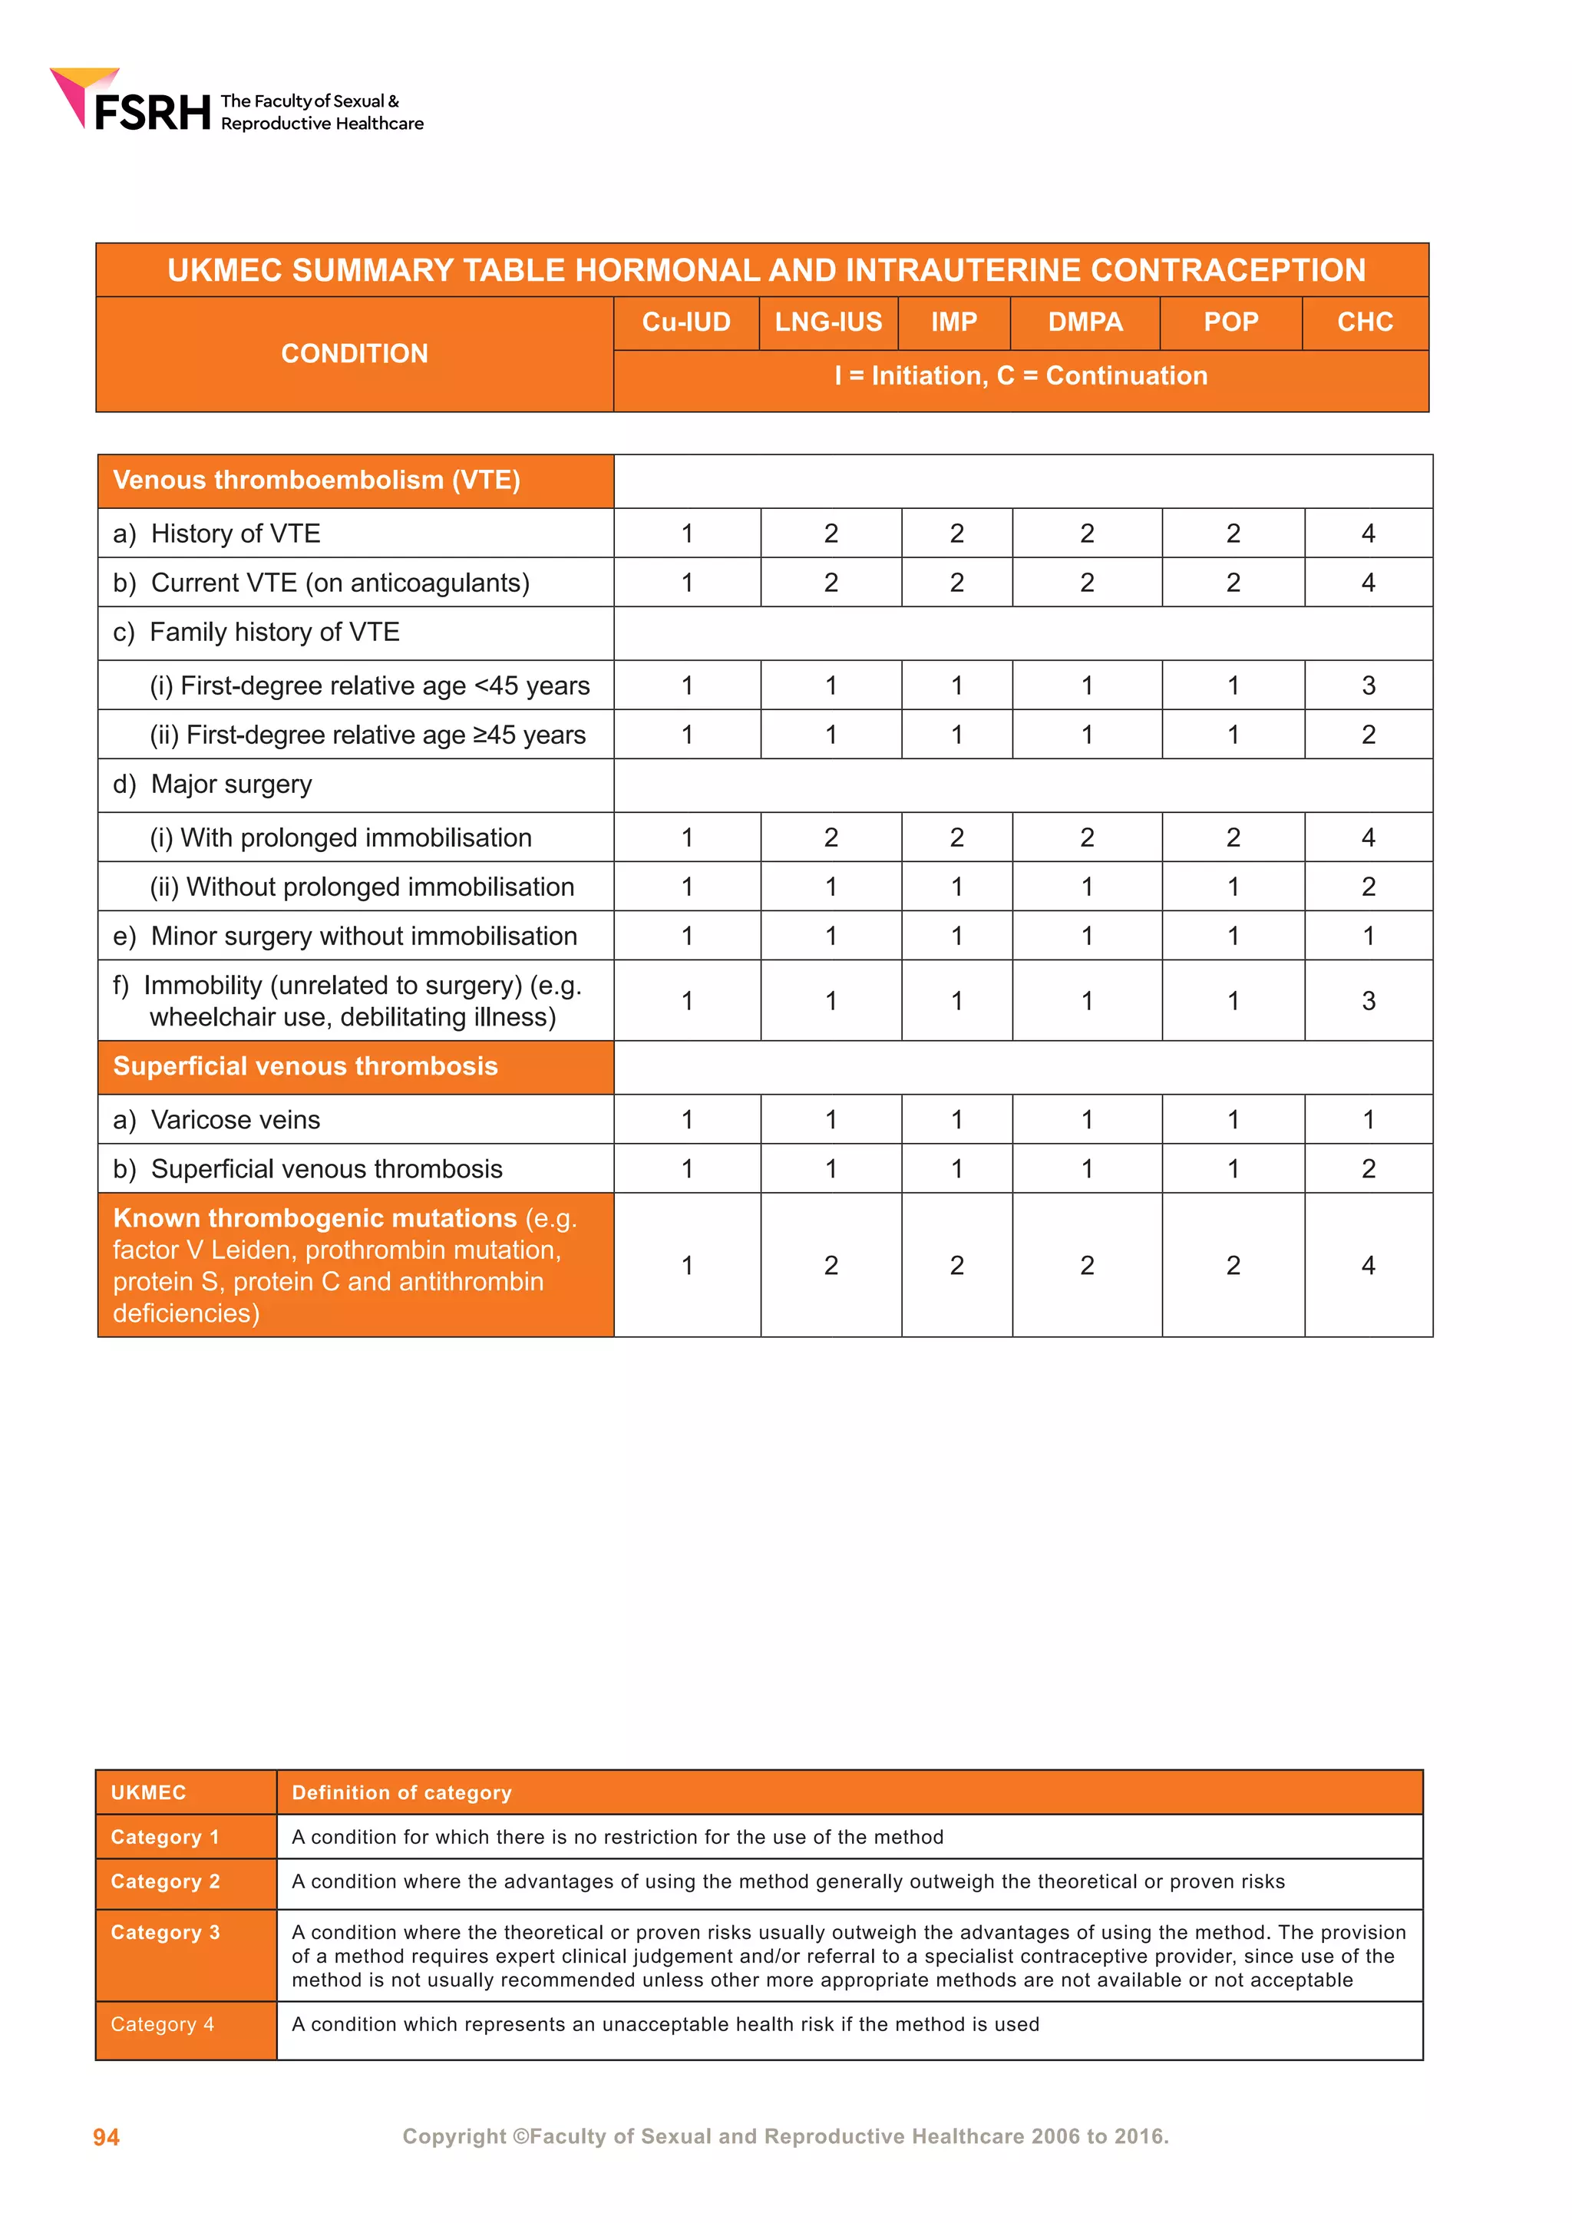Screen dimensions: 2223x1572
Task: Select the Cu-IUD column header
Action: (686, 322)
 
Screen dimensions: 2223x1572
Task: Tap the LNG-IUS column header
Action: (828, 322)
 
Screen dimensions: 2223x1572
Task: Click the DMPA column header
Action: (1085, 322)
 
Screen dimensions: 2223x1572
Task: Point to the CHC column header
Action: (1365, 322)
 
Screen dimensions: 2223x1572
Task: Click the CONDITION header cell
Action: (355, 353)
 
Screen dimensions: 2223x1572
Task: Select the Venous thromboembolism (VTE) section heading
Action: (316, 481)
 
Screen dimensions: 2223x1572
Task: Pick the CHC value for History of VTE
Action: (1368, 533)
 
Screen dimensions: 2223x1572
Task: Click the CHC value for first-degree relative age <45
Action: (1368, 685)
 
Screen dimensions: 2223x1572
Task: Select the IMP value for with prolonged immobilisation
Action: (956, 837)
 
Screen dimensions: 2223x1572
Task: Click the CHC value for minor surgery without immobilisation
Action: (1368, 936)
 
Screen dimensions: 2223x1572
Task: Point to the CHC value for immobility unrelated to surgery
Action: (1368, 1001)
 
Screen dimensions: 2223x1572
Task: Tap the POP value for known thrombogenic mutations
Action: (1232, 1266)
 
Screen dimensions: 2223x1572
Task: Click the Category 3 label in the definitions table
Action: (166, 1933)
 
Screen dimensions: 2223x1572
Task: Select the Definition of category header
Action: (401, 1793)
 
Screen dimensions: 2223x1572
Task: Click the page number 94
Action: (107, 2137)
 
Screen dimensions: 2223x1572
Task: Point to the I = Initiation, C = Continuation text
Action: (1020, 375)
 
